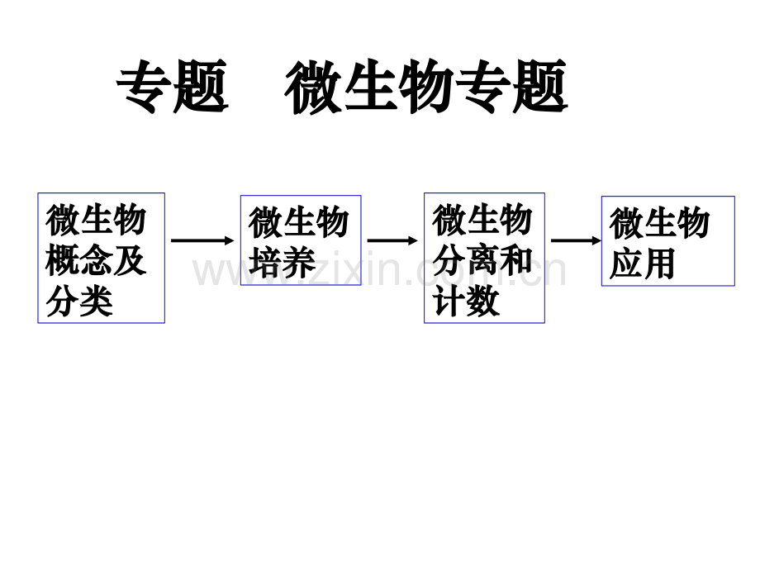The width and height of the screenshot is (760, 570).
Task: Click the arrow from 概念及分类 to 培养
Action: pyautogui.click(x=202, y=240)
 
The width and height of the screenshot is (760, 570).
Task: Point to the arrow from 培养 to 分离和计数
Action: pyautogui.click(x=392, y=240)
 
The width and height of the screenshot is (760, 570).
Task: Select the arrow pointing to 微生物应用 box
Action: pyautogui.click(x=577, y=240)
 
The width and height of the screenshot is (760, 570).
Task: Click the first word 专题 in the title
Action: pyautogui.click(x=172, y=86)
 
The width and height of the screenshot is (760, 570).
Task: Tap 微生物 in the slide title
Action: pyautogui.click(x=369, y=86)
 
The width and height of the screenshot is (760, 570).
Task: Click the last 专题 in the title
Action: pyautogui.click(x=511, y=86)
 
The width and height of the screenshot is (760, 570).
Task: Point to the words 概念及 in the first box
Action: pyautogui.click(x=96, y=260)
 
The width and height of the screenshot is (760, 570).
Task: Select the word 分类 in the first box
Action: pyautogui.click(x=79, y=301)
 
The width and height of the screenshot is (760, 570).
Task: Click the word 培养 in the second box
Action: pyautogui.click(x=282, y=263)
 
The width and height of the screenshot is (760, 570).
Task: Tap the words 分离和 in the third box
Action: pyautogui.click(x=482, y=260)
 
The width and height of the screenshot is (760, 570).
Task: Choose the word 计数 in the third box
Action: pyautogui.click(x=465, y=301)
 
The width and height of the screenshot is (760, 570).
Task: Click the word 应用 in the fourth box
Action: pyautogui.click(x=642, y=264)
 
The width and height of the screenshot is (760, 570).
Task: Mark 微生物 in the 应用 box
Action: pyautogui.click(x=660, y=222)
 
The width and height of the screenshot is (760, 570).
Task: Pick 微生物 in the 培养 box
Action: pyautogui.click(x=298, y=222)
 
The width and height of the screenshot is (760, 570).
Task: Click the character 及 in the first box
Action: pyautogui.click(x=130, y=260)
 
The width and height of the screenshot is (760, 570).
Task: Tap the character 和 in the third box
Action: pyautogui.click(x=516, y=260)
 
